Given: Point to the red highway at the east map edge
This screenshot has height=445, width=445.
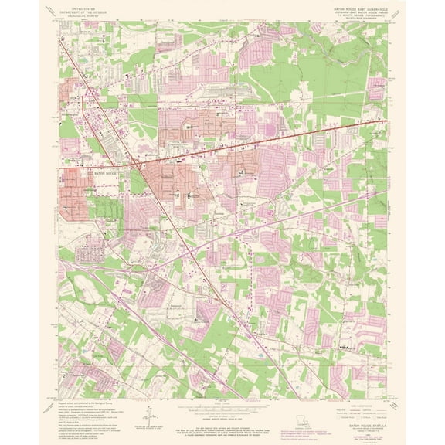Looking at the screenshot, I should point(384,120).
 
